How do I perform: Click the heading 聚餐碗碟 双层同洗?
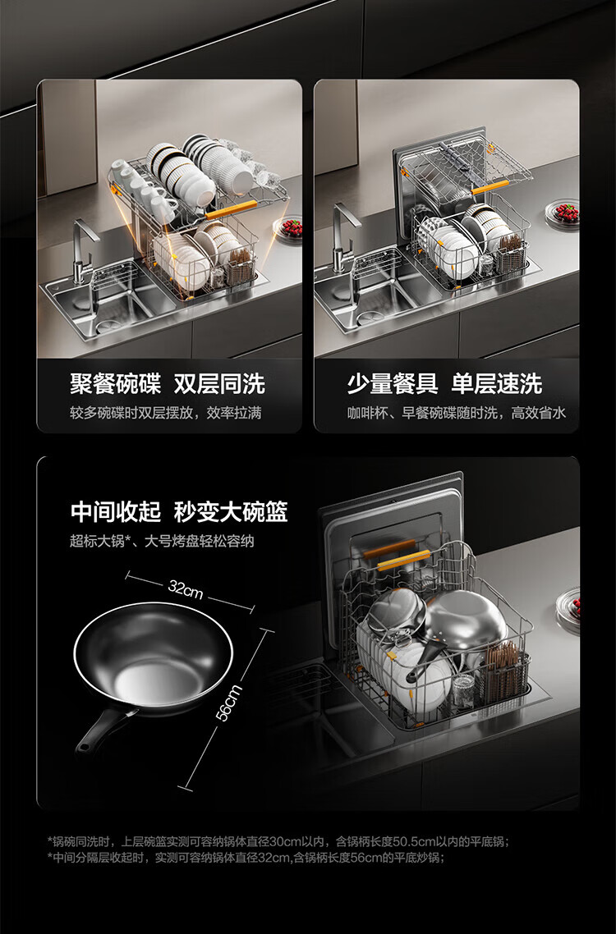[168, 384]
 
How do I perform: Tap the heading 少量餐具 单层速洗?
[445, 384]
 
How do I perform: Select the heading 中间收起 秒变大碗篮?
[179, 511]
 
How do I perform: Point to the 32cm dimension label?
[186, 590]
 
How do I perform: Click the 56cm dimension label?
[229, 703]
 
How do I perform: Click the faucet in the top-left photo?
[84, 250]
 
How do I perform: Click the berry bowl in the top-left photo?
[288, 229]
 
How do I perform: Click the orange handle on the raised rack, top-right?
[491, 188]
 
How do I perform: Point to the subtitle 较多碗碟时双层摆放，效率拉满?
[165, 413]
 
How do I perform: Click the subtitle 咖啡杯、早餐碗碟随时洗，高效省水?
[457, 413]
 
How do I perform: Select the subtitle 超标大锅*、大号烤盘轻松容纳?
[162, 541]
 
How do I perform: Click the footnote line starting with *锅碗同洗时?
[278, 842]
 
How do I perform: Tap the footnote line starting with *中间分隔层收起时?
[246, 858]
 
